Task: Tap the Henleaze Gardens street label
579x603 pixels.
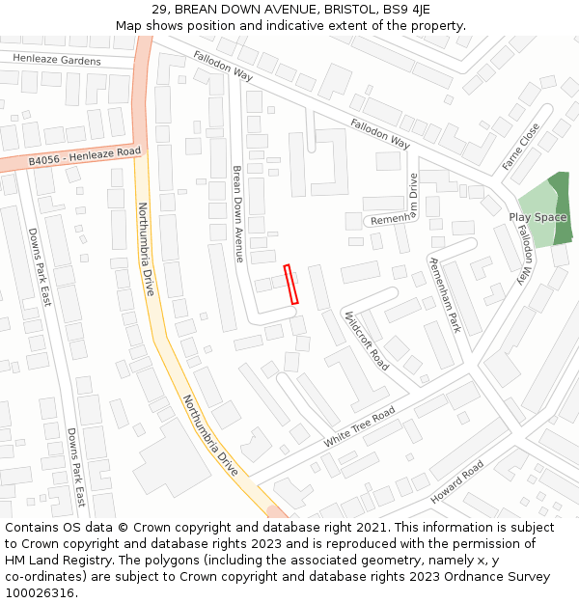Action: pyautogui.click(x=57, y=60)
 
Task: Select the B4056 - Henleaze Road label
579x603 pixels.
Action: pyautogui.click(x=84, y=156)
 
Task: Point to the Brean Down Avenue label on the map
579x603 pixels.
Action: pyautogui.click(x=237, y=213)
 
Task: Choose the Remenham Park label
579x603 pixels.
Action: pyautogui.click(x=445, y=295)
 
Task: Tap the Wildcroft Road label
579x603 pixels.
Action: pyautogui.click(x=366, y=340)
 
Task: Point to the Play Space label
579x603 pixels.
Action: pyautogui.click(x=538, y=217)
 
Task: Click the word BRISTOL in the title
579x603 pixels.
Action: pyautogui.click(x=350, y=10)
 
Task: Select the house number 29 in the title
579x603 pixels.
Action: pyautogui.click(x=160, y=10)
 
